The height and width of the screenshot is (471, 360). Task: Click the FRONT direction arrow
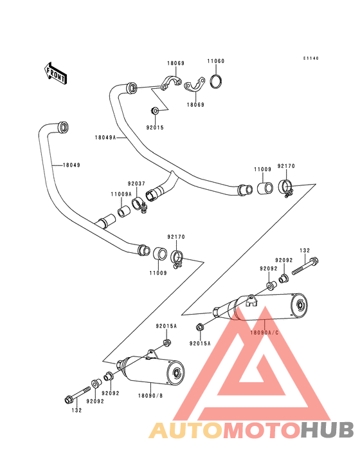pyautogui.click(x=55, y=73)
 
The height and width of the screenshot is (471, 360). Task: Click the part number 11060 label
pyautogui.click(x=216, y=61)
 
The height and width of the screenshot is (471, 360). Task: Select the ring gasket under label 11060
pyautogui.click(x=216, y=81)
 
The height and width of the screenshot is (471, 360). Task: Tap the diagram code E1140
pyautogui.click(x=310, y=59)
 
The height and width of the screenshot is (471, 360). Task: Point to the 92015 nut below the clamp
pyautogui.click(x=155, y=111)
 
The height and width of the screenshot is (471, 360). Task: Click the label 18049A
pyautogui.click(x=105, y=137)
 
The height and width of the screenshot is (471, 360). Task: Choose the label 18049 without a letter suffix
pyautogui.click(x=71, y=165)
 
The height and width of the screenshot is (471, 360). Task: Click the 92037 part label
pyautogui.click(x=136, y=183)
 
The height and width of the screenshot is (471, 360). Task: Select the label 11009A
pyautogui.click(x=122, y=194)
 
